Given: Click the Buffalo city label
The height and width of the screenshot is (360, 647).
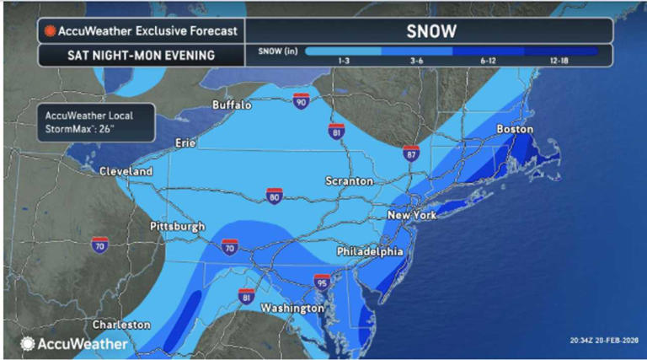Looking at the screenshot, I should tap(232, 105).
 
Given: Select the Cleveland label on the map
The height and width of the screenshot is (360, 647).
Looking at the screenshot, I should tap(126, 171).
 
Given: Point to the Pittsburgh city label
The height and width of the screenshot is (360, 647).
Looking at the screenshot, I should tap(177, 227).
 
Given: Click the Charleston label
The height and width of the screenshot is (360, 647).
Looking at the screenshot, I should tap(121, 325).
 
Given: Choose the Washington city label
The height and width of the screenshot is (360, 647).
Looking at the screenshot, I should tap(291, 309).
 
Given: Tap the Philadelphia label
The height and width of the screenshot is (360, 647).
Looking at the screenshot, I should tap(370, 252).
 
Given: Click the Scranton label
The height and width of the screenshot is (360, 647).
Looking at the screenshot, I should tap(350, 181).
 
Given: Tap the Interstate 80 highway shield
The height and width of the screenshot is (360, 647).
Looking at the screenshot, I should tap(274, 197).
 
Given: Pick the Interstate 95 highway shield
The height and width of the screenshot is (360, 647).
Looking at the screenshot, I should tap(321, 281).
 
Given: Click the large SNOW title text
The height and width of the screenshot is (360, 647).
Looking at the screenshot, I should tap(431, 31).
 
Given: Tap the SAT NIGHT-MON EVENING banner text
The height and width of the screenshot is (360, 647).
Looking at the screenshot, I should tap(126, 56).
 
